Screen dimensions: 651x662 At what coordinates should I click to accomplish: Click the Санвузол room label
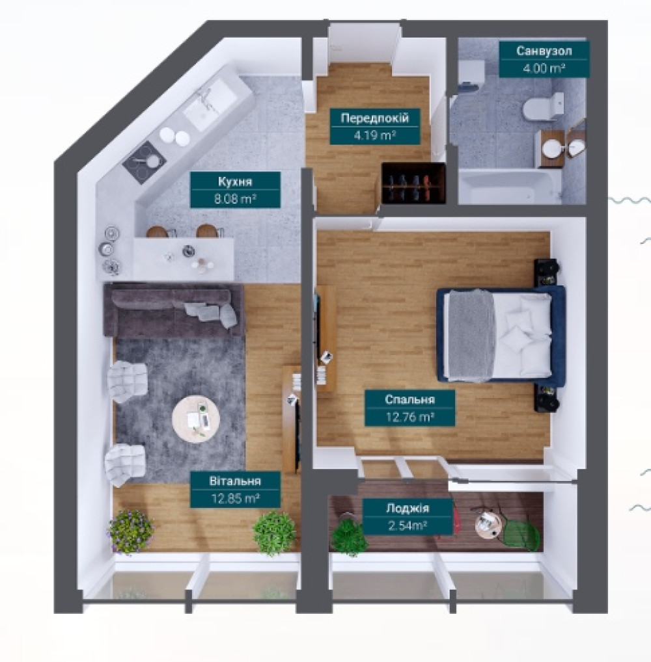pyautogui.click(x=544, y=51)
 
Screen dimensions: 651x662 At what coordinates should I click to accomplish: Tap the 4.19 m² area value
pyautogui.click(x=374, y=135)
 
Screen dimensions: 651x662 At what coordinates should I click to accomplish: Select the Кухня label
pyautogui.click(x=235, y=181)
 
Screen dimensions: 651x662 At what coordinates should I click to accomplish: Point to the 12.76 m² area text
pyautogui.click(x=410, y=417)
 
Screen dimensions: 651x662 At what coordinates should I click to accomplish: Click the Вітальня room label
pyautogui.click(x=235, y=481)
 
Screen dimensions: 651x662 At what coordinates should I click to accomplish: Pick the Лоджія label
pyautogui.click(x=408, y=508)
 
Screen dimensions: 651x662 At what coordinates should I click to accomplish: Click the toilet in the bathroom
pyautogui.click(x=543, y=107)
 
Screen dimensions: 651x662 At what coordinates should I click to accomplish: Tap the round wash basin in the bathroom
pyautogui.click(x=551, y=148)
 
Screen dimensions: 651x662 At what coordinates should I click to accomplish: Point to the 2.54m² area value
pyautogui.click(x=408, y=525)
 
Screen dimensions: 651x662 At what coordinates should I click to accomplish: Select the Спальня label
pyautogui.click(x=410, y=399)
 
